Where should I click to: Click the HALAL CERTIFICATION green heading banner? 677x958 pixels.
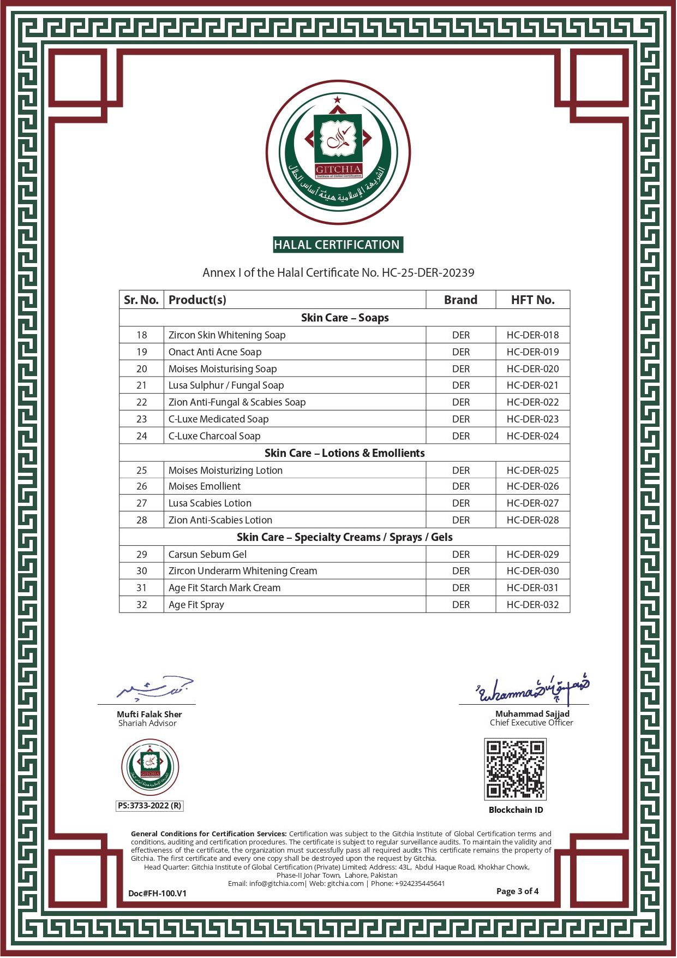[x=338, y=245]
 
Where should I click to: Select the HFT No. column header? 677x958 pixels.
[x=532, y=300]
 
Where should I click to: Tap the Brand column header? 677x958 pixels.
[x=460, y=300]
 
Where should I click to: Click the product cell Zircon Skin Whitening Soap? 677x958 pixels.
[x=227, y=335]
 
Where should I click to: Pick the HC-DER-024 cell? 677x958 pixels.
[x=532, y=436]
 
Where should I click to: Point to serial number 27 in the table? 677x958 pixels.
[x=142, y=503]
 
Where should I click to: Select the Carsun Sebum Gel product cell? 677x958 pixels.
[x=207, y=555]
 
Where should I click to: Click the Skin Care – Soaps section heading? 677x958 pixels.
[x=345, y=318]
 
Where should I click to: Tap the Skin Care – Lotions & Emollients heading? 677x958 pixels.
[x=345, y=453]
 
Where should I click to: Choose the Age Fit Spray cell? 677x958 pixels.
[x=196, y=605]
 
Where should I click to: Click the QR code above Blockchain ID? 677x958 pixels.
[x=515, y=769]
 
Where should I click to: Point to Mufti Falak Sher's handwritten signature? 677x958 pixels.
[x=155, y=689]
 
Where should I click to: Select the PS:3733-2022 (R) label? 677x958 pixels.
[x=150, y=806]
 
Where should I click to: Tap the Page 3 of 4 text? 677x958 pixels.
[x=517, y=891]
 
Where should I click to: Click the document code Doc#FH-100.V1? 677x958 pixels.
[x=157, y=894]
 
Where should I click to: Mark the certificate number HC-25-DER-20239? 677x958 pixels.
[x=428, y=272]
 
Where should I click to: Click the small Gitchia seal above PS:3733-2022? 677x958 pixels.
[x=150, y=767]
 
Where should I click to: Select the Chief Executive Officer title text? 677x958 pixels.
[x=531, y=723]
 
